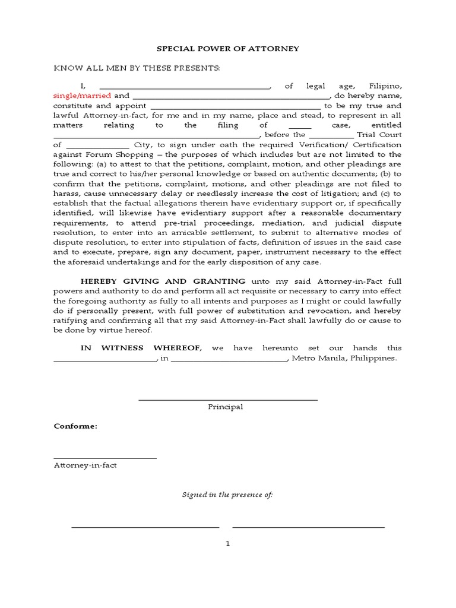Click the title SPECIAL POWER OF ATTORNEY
pos(228,48)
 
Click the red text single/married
pos(82,96)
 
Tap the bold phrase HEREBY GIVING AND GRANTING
pos(163,281)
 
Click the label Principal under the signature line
pos(226,407)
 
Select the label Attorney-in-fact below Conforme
pos(85,465)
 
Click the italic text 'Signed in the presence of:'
pos(227,495)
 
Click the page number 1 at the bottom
pos(228,543)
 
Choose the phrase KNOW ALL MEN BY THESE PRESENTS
pos(137,68)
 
